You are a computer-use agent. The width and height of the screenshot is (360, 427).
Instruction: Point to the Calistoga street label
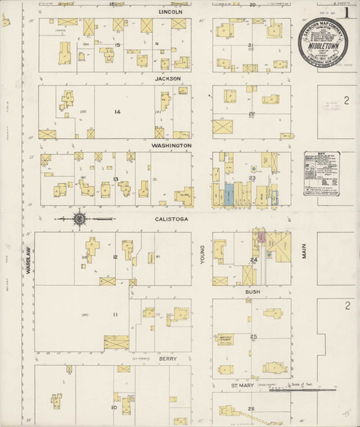[x=171, y=219]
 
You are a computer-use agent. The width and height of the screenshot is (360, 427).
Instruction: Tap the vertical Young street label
[x=203, y=254]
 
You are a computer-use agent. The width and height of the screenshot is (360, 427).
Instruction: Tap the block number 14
[x=117, y=112]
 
